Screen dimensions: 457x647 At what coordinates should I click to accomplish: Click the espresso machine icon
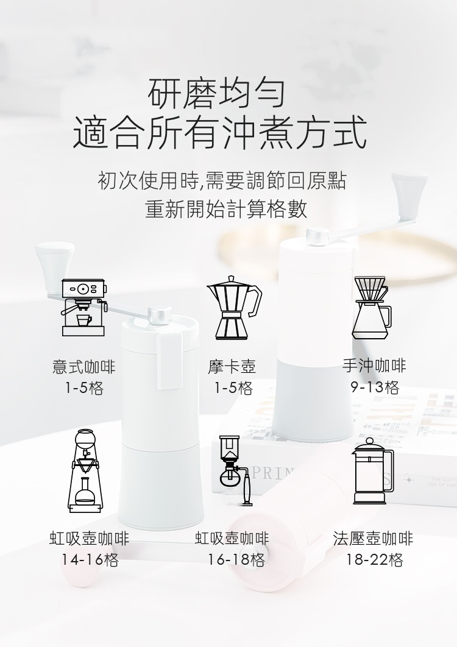point(84,308)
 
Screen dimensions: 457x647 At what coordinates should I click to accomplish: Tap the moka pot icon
point(234,308)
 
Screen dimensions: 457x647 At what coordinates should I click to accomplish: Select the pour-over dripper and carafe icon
point(372,308)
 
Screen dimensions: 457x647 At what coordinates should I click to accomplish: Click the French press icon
point(373,471)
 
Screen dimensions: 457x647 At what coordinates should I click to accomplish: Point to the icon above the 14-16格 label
point(84,471)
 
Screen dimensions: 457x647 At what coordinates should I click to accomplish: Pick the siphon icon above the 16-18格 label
point(235,470)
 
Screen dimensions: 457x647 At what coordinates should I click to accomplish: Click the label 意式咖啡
point(84,366)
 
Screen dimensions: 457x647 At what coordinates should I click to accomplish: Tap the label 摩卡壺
point(232,366)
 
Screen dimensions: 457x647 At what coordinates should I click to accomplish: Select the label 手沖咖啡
point(374,366)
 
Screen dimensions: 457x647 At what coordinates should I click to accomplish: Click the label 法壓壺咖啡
point(373,539)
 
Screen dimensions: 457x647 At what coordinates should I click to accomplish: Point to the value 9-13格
point(375,387)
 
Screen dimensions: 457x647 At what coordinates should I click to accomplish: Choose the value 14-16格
point(90,560)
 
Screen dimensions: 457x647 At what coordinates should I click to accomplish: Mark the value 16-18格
point(236,560)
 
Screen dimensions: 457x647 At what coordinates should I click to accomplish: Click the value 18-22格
point(374,560)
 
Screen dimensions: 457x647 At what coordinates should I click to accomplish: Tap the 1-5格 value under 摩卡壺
point(233,388)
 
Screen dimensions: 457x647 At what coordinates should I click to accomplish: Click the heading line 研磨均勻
point(217,93)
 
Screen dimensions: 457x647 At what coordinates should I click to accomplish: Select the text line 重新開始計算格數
point(227,209)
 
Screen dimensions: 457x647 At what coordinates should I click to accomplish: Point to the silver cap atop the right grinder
point(317,236)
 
